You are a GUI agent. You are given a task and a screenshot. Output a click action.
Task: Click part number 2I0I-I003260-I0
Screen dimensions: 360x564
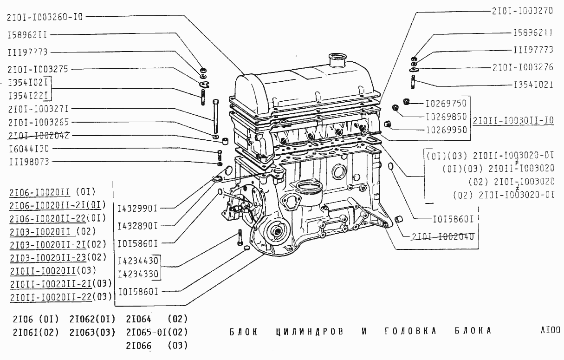[45, 17]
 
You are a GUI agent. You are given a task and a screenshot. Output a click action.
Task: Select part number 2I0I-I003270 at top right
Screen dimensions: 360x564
[522, 10]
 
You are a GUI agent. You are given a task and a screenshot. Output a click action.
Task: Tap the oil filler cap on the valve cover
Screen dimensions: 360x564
[337, 60]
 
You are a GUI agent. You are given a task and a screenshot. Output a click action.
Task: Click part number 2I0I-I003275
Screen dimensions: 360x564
[38, 69]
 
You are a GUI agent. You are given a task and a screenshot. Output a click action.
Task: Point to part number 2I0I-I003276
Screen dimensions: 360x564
[523, 67]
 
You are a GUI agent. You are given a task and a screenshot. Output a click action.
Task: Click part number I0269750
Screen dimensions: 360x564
[446, 103]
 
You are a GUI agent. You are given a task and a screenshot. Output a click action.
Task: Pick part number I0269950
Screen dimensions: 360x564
[446, 130]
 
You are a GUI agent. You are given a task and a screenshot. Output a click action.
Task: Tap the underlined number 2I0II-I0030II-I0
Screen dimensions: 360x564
[513, 120]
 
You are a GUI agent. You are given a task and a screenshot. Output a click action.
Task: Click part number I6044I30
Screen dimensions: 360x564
[32, 149]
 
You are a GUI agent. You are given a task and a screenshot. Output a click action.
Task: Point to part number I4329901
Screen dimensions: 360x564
[137, 208]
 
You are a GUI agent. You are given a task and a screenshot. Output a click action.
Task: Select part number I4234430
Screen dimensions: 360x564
[138, 261]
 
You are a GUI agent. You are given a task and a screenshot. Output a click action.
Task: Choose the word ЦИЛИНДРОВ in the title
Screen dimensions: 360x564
[310, 331]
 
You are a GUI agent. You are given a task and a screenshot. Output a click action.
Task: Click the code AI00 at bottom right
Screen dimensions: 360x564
[550, 330]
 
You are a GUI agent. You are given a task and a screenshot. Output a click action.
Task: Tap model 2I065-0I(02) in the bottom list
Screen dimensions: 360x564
[156, 332]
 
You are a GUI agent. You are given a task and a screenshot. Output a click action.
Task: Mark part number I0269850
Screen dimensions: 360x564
[446, 116]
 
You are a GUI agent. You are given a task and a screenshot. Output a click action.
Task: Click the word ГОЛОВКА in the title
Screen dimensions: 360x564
[411, 331]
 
